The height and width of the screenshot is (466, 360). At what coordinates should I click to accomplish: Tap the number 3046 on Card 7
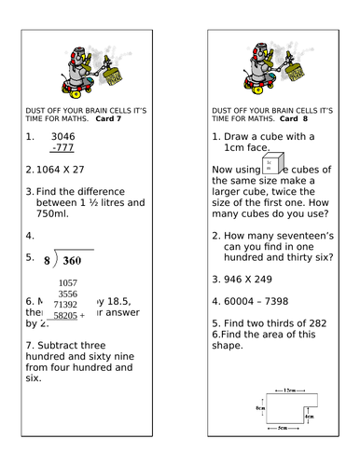tap(62, 136)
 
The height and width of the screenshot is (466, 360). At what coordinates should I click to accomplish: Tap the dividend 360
tap(78, 261)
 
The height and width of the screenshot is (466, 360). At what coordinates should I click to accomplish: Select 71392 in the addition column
tap(65, 305)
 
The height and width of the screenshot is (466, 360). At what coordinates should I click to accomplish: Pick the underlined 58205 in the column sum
tap(65, 316)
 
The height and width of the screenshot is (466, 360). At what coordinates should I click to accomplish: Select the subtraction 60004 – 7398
tap(271, 301)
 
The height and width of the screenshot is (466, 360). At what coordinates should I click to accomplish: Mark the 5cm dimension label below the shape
tap(283, 428)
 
